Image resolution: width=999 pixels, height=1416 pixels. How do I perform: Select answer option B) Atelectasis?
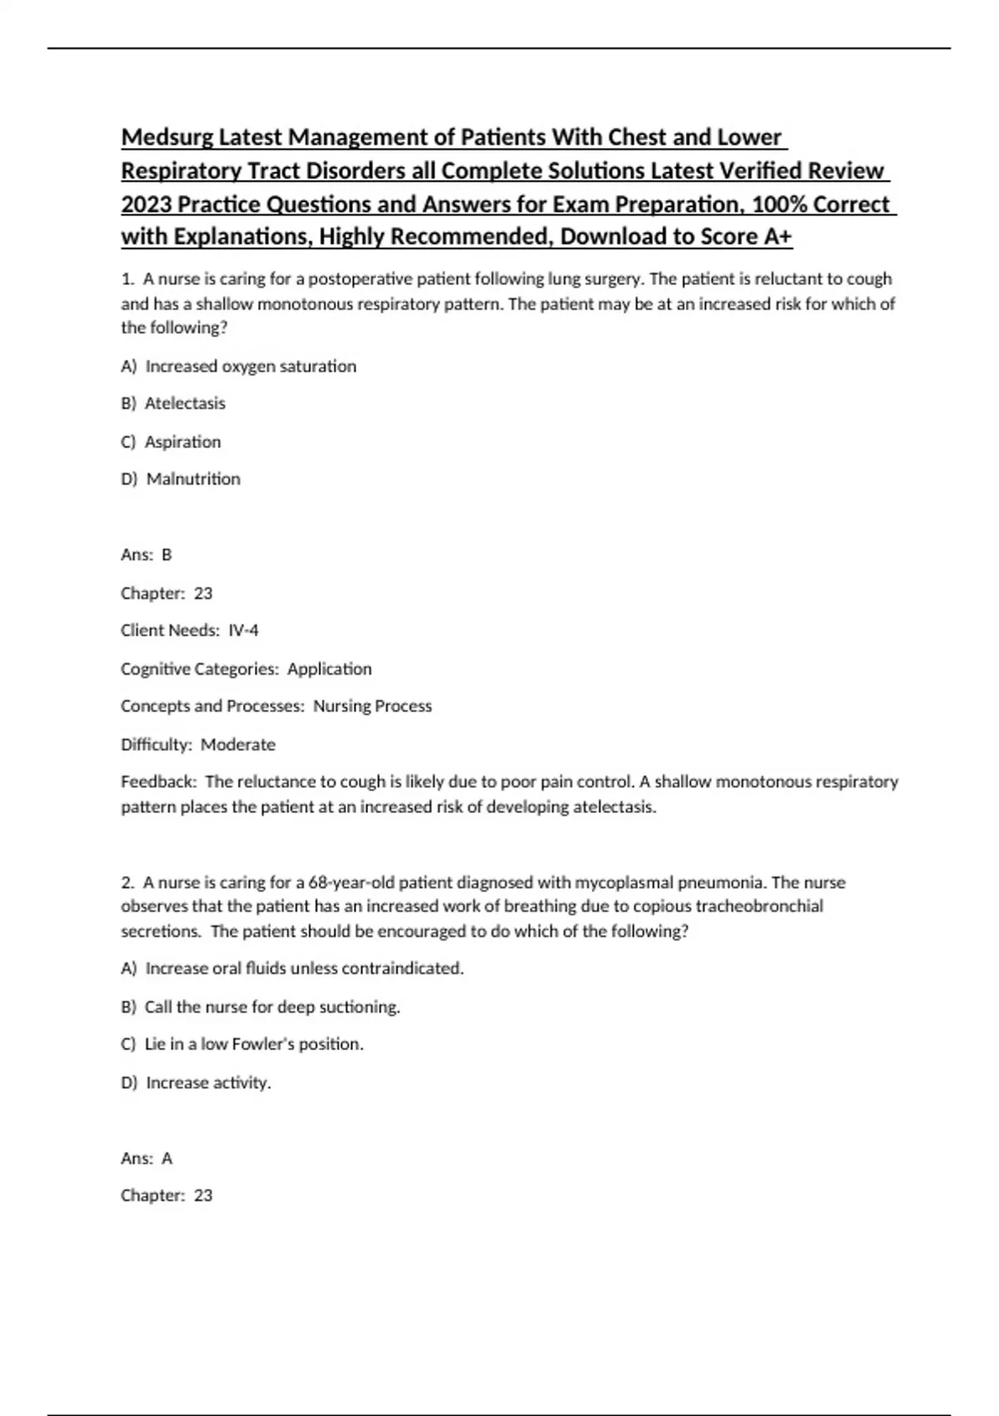coord(173,403)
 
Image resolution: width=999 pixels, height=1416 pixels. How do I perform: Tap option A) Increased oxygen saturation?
coord(239,366)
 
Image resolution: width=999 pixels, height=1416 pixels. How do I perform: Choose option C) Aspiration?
coord(171,441)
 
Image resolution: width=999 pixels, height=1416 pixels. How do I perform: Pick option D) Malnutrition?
coord(181,479)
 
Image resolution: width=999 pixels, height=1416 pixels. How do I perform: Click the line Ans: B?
coord(147,555)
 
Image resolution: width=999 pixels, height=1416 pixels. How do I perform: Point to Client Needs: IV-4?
coord(190,631)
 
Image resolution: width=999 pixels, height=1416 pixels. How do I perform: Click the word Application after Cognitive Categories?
coord(330,669)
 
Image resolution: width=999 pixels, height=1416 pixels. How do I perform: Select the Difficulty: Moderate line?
coord(198,745)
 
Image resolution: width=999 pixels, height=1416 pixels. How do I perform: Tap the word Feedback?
coord(158,782)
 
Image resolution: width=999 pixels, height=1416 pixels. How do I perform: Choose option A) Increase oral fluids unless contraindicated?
coord(292,969)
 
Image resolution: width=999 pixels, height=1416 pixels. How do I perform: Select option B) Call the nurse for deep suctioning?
coord(261,1007)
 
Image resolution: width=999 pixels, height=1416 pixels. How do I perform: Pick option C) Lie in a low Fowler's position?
coord(242,1045)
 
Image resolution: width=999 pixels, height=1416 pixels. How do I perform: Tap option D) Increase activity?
coord(196,1083)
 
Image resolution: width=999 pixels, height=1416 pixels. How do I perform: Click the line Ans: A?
coord(147,1159)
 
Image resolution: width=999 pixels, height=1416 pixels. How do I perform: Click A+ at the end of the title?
coord(778,237)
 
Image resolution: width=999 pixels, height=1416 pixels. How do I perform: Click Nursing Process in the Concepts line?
coord(372,706)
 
